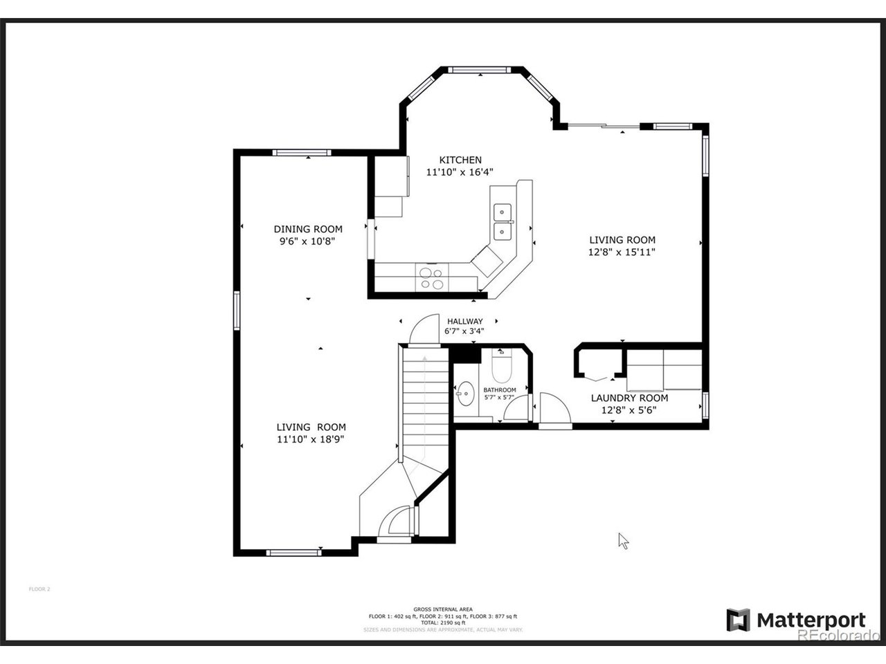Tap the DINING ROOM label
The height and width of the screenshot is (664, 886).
(308, 229)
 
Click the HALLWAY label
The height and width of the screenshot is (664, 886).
(464, 321)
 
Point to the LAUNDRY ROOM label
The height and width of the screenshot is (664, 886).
(629, 398)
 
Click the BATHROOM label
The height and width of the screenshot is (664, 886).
(499, 390)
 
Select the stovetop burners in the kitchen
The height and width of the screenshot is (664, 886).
(431, 277)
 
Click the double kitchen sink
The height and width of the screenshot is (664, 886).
(502, 221)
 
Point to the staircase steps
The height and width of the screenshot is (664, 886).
(424, 401)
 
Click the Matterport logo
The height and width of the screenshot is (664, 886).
(796, 620)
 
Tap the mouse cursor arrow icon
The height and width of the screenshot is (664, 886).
(623, 540)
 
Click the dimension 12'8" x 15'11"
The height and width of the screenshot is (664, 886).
(621, 252)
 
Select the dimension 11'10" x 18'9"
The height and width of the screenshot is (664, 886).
(311, 439)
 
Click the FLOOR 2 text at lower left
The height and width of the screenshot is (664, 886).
(39, 589)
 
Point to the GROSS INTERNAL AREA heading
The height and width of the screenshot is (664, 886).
(443, 609)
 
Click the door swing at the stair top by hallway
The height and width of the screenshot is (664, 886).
(424, 330)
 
